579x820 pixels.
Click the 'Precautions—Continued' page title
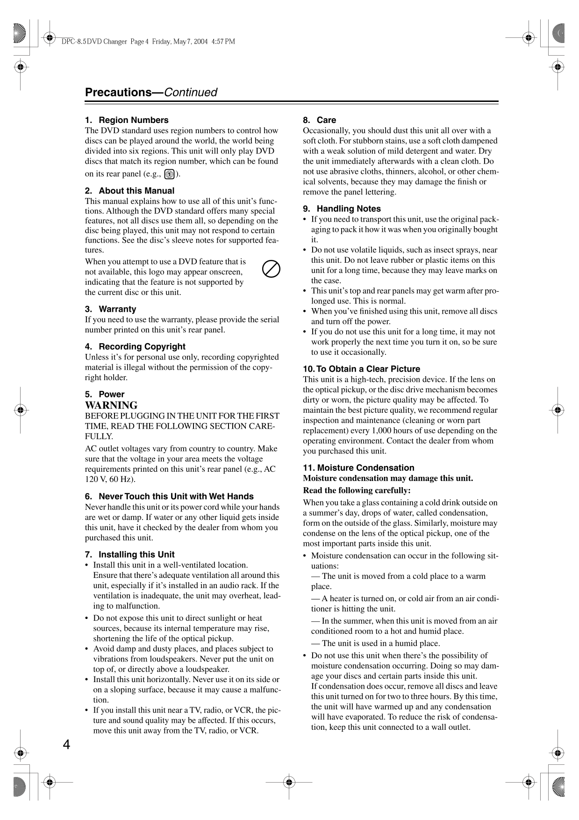tap(150, 92)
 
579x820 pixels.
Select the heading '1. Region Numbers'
tap(127, 120)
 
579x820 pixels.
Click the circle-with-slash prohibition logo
tap(271, 269)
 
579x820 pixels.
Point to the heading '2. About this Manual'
tap(129, 191)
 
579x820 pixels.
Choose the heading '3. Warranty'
tap(111, 309)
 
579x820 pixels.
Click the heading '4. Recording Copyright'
tap(135, 346)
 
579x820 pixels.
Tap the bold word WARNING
tap(111, 405)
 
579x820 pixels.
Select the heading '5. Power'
tap(105, 394)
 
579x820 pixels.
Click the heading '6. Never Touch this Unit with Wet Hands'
tap(169, 496)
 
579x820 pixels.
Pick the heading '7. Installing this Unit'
tap(129, 554)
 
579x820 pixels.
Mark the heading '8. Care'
tap(319, 120)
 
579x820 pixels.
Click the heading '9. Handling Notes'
tap(342, 209)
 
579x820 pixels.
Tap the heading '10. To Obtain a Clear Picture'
tap(361, 369)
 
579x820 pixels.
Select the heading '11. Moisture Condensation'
tap(358, 468)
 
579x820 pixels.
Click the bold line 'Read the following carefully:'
tap(357, 490)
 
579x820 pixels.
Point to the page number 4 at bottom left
tap(67, 745)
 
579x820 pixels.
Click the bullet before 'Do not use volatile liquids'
tap(305, 250)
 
